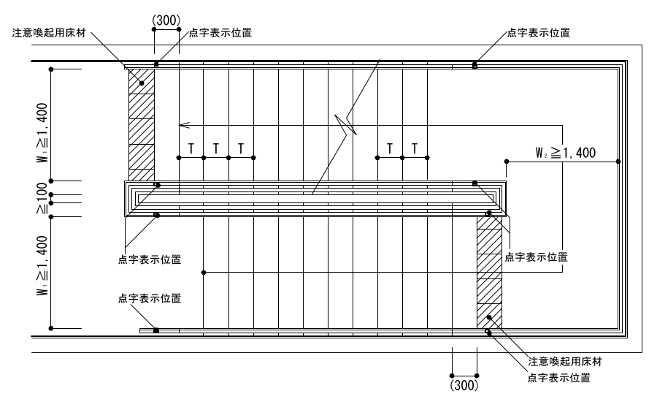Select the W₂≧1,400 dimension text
(x=566, y=153)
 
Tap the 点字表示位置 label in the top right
(x=539, y=32)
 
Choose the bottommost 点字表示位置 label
(x=558, y=378)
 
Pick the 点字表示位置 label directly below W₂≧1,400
(x=537, y=257)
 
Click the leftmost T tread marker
(x=191, y=148)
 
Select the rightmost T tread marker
(x=415, y=148)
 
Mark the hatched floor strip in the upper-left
(x=142, y=124)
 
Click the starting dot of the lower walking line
(x=204, y=273)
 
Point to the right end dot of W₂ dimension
(x=618, y=160)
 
